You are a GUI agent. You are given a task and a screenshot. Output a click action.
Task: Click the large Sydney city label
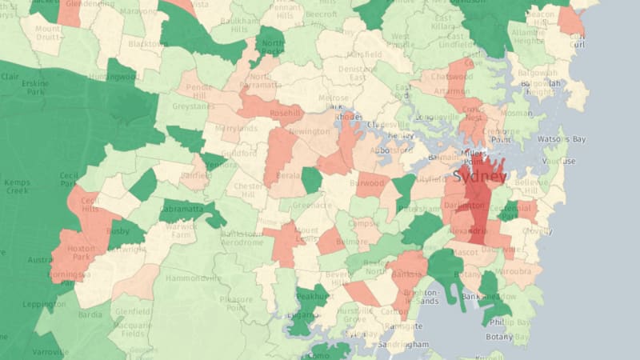tap(480, 176)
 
